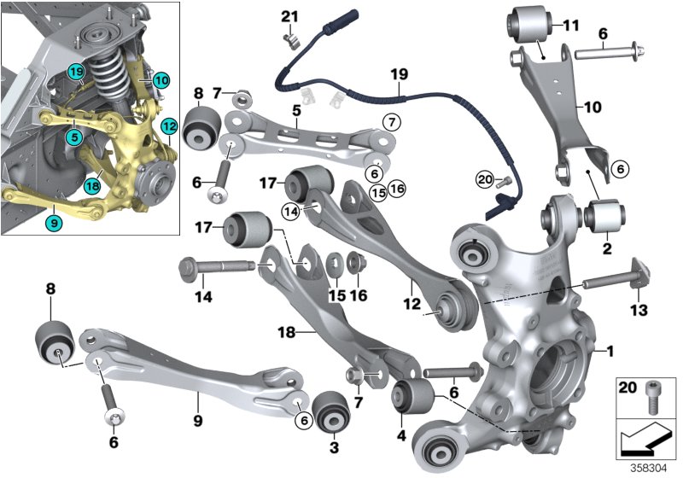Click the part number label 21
tap(290, 16)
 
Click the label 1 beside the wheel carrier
tap(610, 350)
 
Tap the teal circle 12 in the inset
tap(168, 127)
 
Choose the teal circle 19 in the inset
tap(77, 72)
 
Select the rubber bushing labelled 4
tap(413, 395)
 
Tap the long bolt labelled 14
tap(217, 267)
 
